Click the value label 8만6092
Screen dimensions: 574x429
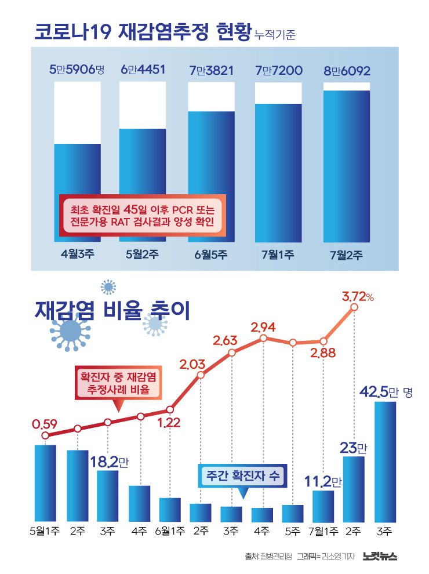[x=347, y=71]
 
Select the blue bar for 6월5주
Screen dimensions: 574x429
[x=212, y=174]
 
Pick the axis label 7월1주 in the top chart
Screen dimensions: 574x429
[x=278, y=254]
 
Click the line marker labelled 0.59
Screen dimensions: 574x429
[x=46, y=435]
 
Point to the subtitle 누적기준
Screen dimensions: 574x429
[x=275, y=35]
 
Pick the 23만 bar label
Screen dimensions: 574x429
[x=354, y=447]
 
